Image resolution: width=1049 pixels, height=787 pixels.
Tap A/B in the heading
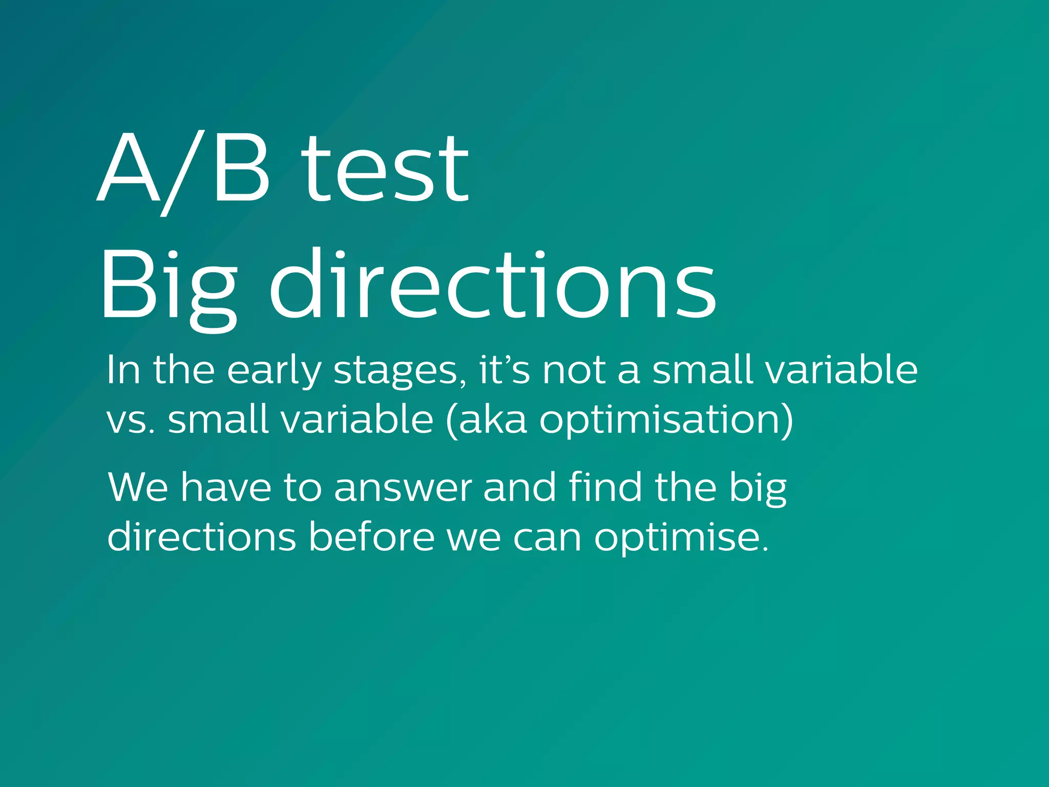coord(183,169)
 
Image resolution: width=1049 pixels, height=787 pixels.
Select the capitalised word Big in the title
coord(169,287)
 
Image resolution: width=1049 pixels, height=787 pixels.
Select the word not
coord(574,370)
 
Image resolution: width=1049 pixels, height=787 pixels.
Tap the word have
coord(226,487)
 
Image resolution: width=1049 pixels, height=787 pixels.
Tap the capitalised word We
coord(138,487)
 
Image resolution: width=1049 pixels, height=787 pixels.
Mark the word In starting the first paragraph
coord(123,370)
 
